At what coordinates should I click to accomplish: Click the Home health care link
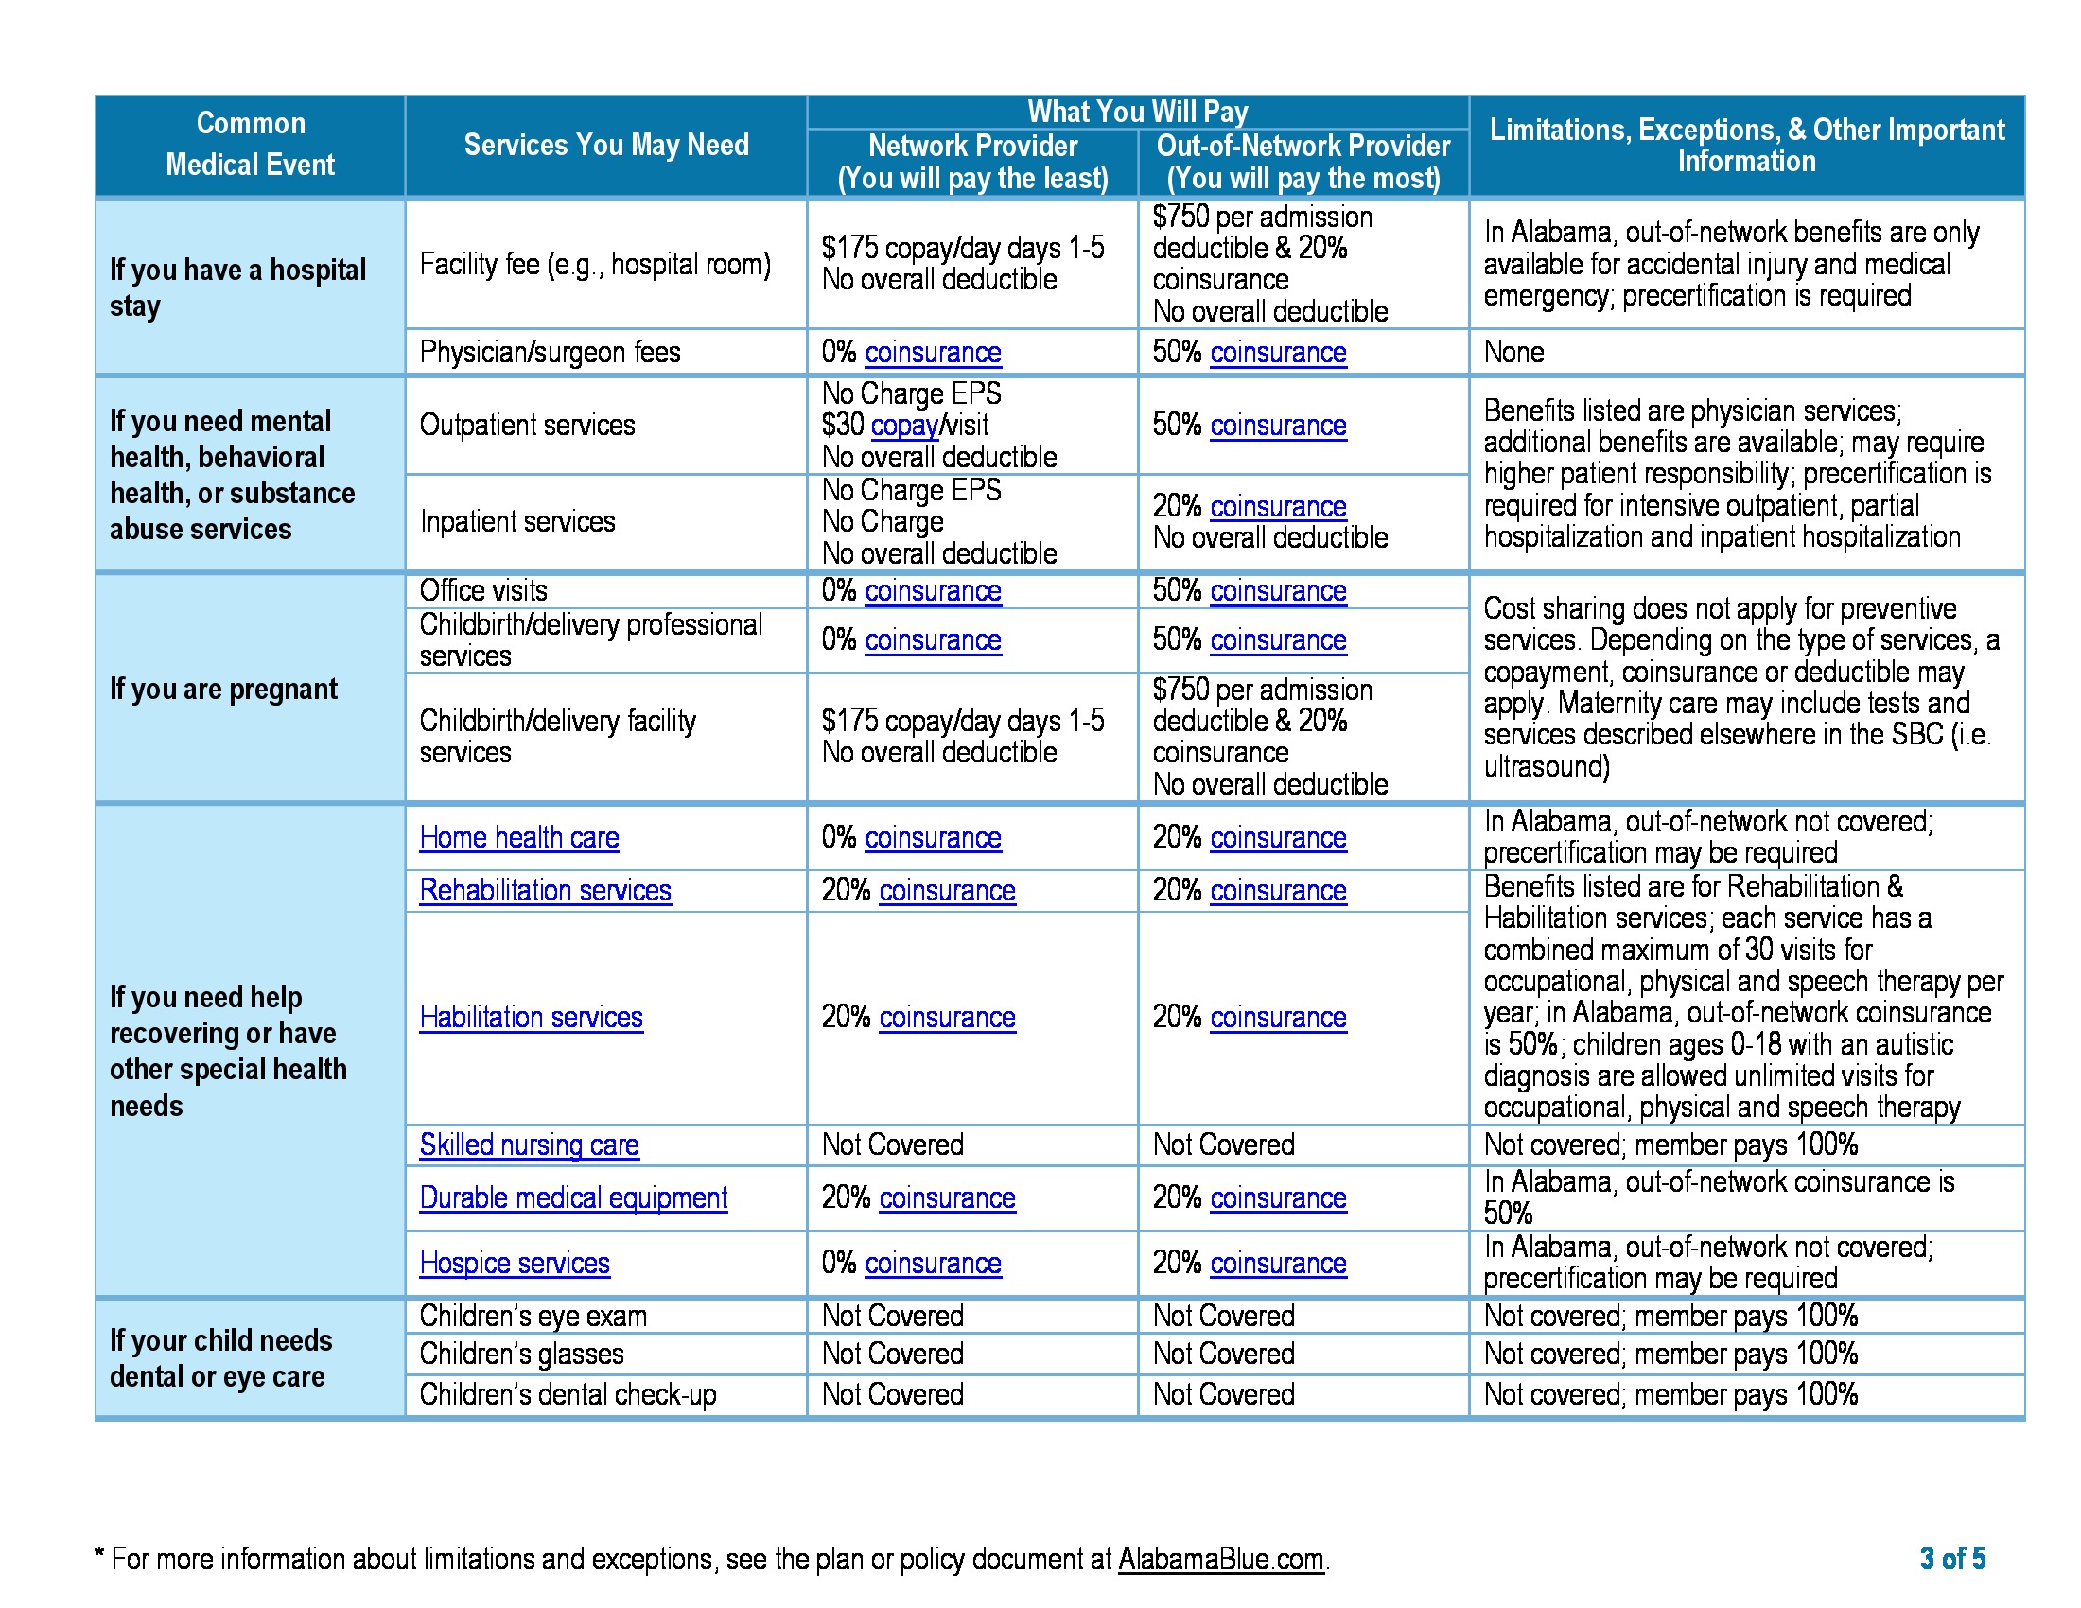(519, 837)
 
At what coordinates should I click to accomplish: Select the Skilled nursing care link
(529, 1145)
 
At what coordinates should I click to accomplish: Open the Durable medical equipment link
(573, 1197)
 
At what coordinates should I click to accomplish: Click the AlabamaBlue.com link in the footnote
(1220, 1559)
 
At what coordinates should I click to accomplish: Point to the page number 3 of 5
(1951, 1559)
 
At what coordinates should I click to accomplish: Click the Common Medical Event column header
(250, 145)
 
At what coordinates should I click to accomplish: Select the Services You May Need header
(606, 145)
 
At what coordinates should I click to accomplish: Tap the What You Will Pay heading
(1137, 112)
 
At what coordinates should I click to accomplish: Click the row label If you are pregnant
(224, 689)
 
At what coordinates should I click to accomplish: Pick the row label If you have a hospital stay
(237, 287)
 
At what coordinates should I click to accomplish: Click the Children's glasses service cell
(521, 1354)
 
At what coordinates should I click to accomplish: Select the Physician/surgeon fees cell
(550, 353)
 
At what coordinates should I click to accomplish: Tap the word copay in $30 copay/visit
(904, 425)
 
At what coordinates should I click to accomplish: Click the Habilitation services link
(531, 1018)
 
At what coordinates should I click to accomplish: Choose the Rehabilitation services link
(545, 891)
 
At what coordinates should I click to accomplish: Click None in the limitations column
(1513, 353)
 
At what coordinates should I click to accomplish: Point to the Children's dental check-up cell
(568, 1394)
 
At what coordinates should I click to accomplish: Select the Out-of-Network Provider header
(1303, 162)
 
